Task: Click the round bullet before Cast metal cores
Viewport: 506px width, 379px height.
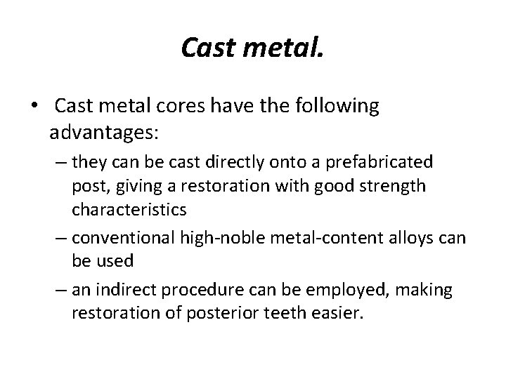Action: [34, 106]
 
